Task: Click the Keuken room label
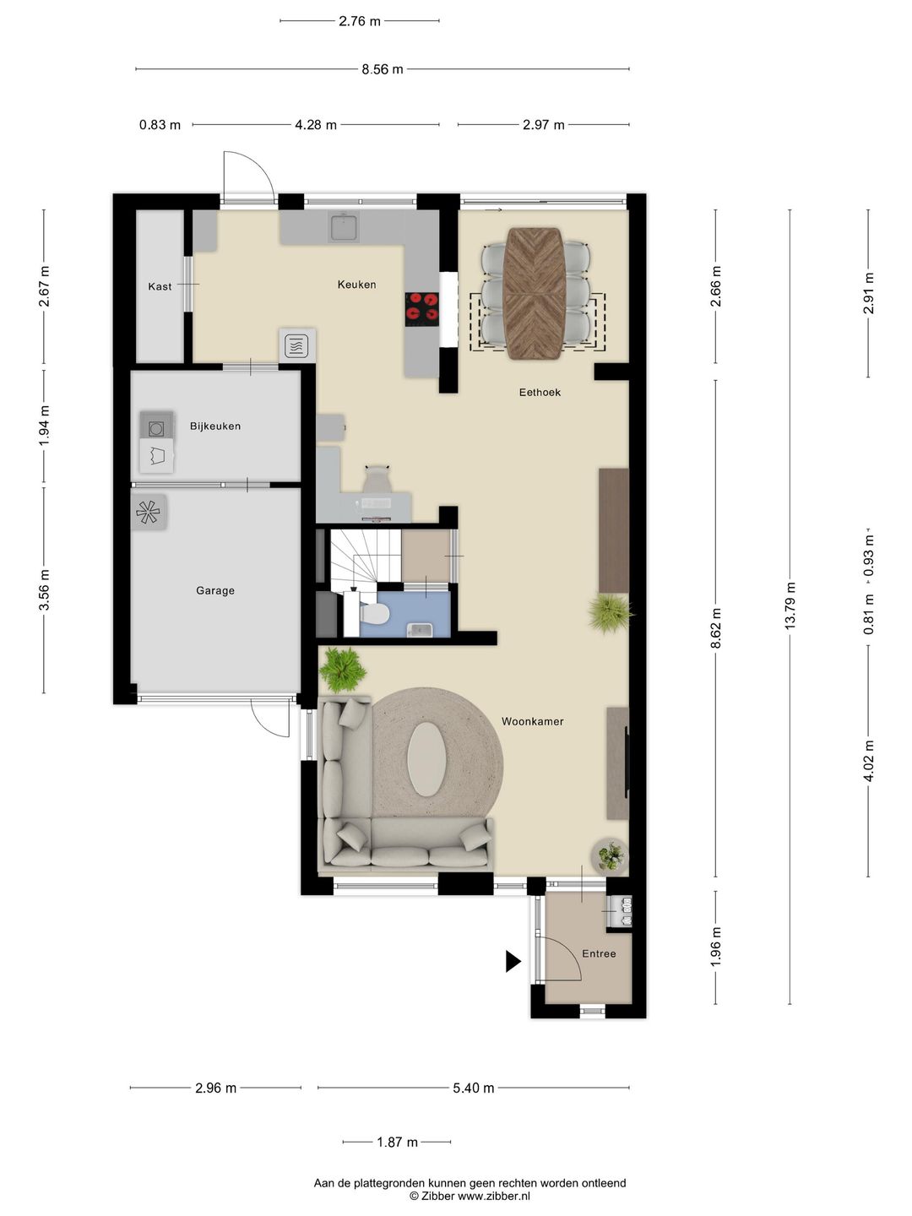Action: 356,285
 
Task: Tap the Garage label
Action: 214,590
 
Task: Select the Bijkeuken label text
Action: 214,426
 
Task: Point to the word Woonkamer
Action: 532,721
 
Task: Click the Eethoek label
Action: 540,392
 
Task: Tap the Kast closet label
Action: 160,286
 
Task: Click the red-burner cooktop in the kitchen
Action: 422,309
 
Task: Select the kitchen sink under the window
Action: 344,226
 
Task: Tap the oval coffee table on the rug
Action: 426,759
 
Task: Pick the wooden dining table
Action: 535,294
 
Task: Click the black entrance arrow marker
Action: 513,961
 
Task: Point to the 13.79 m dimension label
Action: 790,605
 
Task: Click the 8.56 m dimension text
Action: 382,69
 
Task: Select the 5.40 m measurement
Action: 474,1088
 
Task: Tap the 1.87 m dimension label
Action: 397,1142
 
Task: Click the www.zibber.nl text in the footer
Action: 494,1196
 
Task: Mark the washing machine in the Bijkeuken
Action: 156,426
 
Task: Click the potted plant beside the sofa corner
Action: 343,669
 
